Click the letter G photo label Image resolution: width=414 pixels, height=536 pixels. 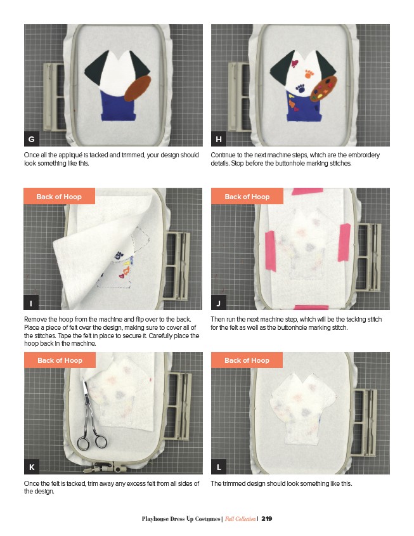point(32,139)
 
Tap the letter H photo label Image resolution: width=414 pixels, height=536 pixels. point(219,139)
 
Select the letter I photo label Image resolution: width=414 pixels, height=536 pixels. point(31,303)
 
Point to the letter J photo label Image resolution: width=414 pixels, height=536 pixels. point(219,303)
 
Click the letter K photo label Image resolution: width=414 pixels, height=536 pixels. point(32,467)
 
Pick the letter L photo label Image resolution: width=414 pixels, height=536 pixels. point(219,467)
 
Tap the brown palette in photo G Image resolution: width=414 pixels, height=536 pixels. point(138,89)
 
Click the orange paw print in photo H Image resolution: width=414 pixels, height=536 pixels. point(309,74)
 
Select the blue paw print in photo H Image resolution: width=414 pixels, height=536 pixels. point(301,89)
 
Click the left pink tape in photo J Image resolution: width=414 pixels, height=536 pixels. point(271,251)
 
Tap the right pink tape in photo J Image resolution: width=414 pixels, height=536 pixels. point(344,242)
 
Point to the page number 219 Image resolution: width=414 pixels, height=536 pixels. point(267,519)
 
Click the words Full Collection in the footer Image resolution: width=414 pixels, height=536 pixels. point(240,519)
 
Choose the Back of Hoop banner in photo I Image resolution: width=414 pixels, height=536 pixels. point(59,196)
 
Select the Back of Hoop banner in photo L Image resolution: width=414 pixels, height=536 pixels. point(247,360)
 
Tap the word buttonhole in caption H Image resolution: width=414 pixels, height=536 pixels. point(287,164)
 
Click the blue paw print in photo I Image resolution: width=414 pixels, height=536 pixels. point(119,255)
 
